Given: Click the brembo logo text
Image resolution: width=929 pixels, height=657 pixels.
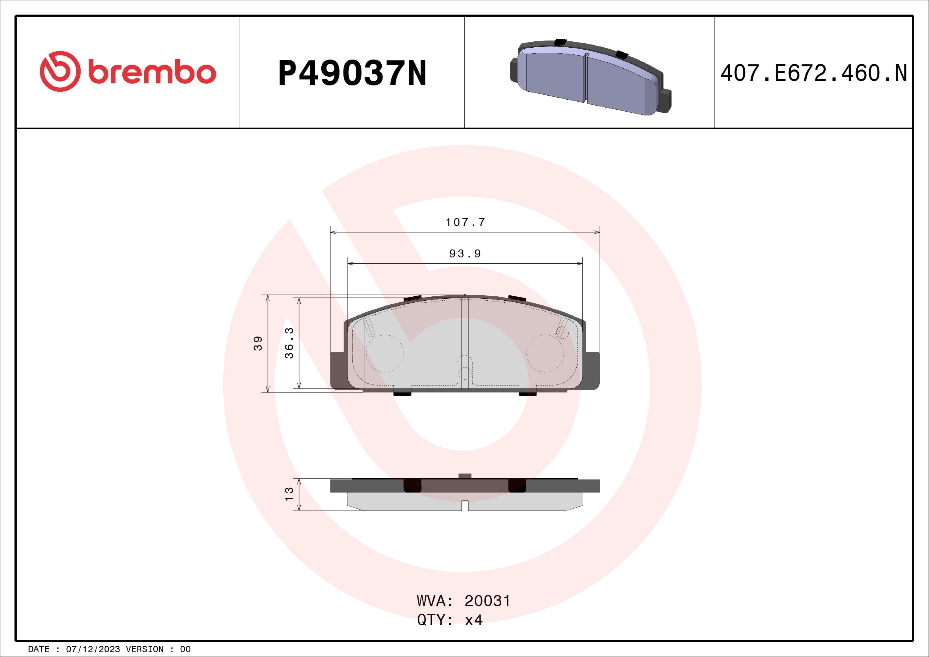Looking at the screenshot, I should point(152,72).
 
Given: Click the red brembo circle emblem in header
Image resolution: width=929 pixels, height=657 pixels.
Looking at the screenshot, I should point(60,71).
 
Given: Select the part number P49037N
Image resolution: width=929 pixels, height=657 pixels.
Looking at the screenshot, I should point(352,73).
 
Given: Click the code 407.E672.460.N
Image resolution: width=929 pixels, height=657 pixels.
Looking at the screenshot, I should point(814,73).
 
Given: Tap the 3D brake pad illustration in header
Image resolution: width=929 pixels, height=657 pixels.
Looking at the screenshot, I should point(590,77).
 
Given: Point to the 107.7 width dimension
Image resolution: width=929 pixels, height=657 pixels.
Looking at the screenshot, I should point(465,222).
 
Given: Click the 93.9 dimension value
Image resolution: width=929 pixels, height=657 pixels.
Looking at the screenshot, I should point(465,254).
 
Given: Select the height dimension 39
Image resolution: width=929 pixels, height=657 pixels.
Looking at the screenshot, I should point(258,343).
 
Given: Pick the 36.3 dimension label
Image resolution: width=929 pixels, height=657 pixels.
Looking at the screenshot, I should point(289,343).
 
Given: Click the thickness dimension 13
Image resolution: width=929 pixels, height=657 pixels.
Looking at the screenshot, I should point(289,494).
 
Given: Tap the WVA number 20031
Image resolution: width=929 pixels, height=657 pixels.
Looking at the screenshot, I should point(487,601).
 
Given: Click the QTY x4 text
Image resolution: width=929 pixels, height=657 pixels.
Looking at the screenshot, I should point(450,620).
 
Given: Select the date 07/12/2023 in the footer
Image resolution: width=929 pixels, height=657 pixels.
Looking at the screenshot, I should point(93,649).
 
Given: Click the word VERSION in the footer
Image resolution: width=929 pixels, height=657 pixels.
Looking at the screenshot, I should point(145,649).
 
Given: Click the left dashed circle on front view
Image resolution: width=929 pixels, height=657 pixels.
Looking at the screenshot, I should point(384,353).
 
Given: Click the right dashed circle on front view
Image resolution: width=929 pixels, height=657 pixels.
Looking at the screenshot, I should point(545,353).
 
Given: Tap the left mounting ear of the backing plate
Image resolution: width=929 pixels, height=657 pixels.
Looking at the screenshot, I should point(338,370).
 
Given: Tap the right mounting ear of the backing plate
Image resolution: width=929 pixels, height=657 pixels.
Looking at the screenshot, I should point(591,370).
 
